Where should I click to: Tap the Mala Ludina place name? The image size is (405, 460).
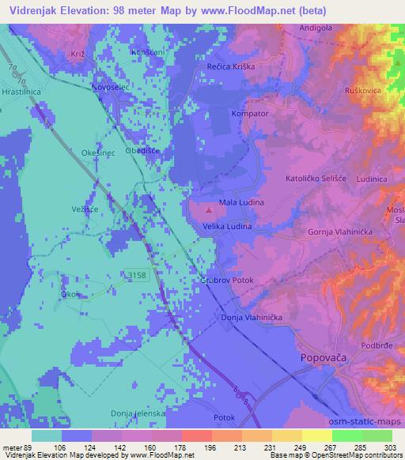[240, 202]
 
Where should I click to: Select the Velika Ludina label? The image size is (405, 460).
[228, 227]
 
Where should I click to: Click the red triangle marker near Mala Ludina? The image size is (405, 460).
[209, 210]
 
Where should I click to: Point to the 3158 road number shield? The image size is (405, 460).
[138, 274]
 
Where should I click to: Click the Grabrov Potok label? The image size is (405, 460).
[225, 281]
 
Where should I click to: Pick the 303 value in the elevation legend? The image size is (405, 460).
[392, 447]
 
